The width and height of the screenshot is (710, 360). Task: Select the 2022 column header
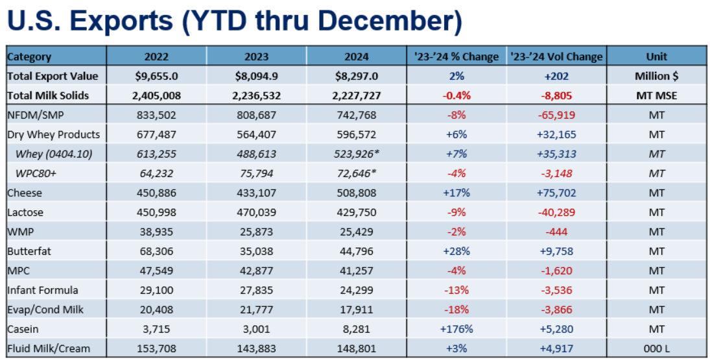[x=156, y=56]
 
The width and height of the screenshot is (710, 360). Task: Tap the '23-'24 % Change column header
[x=456, y=56]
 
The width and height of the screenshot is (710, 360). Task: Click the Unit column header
[x=656, y=56]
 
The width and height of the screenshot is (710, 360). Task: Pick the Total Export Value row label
[x=53, y=76]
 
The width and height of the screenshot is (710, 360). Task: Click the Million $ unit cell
[x=656, y=76]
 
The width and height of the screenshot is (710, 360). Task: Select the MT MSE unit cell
[x=656, y=95]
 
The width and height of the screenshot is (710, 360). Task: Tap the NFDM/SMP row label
[x=37, y=115]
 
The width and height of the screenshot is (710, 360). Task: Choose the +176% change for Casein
[x=456, y=329]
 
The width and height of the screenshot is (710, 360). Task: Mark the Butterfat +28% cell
[x=456, y=251]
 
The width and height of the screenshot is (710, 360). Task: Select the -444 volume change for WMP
[x=556, y=232]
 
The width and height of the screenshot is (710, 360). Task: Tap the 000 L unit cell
[x=656, y=348]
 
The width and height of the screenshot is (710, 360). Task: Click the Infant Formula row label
[x=43, y=290]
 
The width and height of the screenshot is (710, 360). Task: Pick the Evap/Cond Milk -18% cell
[x=456, y=309]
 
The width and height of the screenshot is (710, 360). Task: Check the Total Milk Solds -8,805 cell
[x=556, y=95]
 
